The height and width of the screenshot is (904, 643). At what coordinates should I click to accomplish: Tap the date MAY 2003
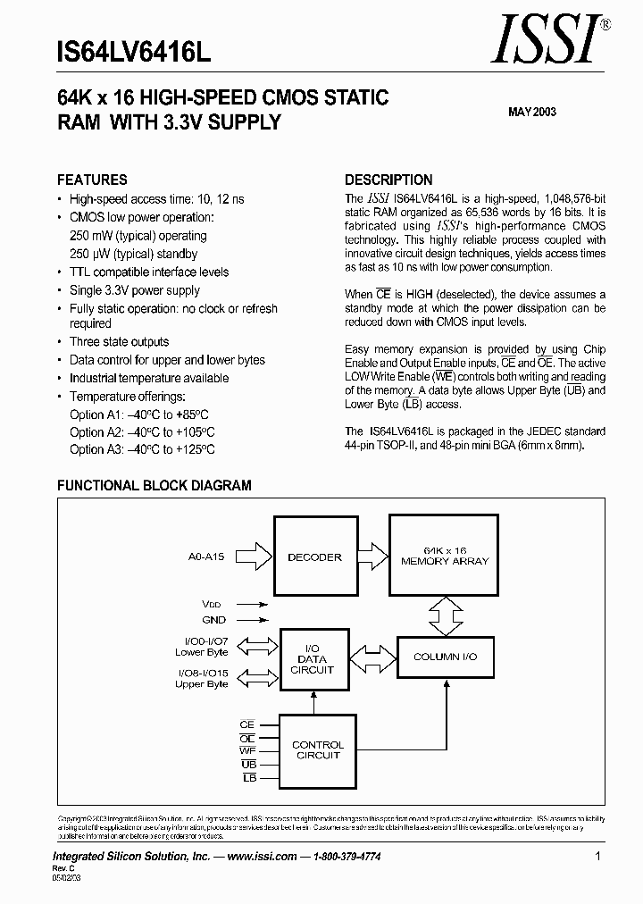(x=532, y=112)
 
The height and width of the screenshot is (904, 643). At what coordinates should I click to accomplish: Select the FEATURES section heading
(x=92, y=180)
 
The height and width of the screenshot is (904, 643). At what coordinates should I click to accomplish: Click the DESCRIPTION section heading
(x=388, y=180)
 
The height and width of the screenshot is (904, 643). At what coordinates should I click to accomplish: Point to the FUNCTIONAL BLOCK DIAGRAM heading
(x=154, y=486)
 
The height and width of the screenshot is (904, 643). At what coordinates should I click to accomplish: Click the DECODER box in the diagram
(x=314, y=557)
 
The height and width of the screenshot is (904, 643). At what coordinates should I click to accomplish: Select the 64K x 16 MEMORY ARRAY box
(x=445, y=557)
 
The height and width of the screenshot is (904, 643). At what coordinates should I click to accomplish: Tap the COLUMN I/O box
(x=445, y=657)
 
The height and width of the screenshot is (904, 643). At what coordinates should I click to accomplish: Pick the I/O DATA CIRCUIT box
(x=313, y=659)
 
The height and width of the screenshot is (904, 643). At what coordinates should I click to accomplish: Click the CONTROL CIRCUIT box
(x=318, y=749)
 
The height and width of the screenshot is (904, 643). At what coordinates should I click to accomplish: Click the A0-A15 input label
(x=206, y=557)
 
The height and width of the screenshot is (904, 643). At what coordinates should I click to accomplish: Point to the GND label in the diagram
(x=214, y=619)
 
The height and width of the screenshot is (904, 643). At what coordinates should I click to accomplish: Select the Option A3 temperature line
(x=142, y=449)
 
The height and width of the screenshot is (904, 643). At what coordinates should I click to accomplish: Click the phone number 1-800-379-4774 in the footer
(x=343, y=856)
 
